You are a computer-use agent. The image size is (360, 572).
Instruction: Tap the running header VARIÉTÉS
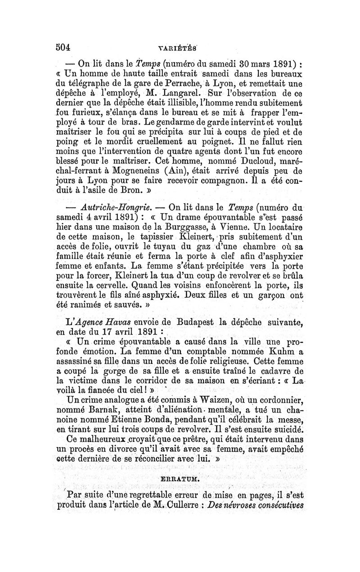[x=179, y=47]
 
